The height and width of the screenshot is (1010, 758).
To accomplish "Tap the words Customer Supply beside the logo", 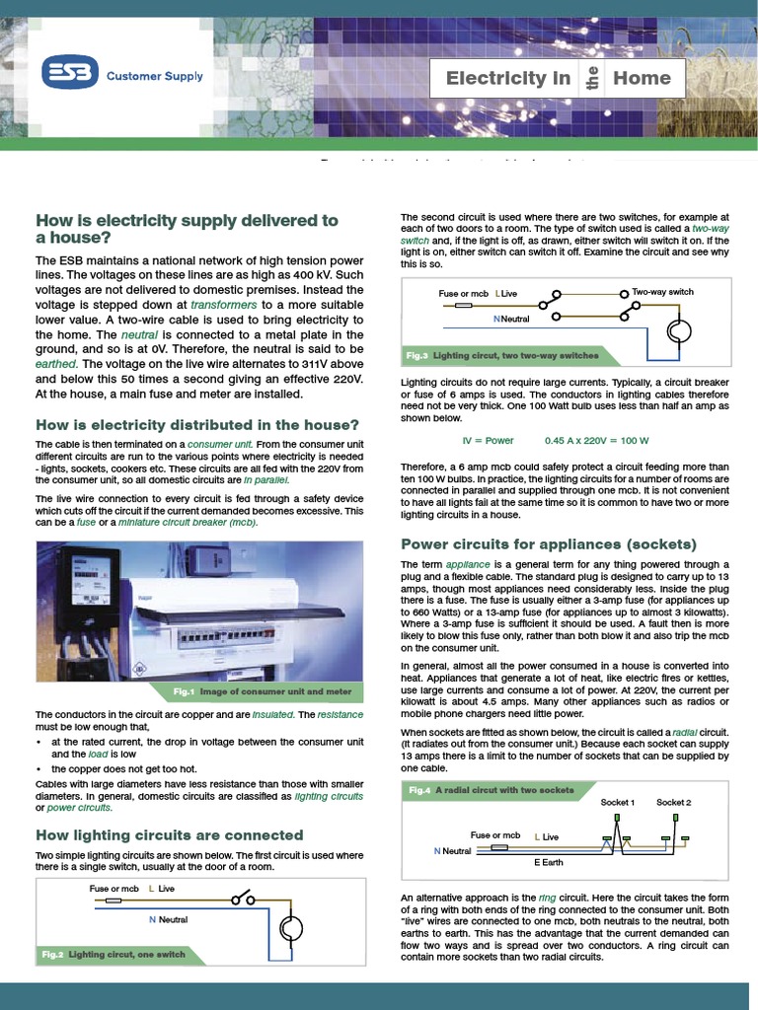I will click(x=154, y=76).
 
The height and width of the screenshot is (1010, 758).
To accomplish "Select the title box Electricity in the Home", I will click(x=558, y=78).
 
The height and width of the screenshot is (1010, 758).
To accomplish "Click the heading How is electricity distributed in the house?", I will click(x=196, y=425).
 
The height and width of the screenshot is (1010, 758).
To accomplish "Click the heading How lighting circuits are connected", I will click(x=169, y=834).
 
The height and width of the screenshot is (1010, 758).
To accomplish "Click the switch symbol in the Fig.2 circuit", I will click(x=243, y=899).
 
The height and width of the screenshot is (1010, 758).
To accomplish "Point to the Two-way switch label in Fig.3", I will click(x=662, y=292).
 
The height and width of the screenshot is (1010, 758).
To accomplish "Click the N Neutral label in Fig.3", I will click(x=510, y=319).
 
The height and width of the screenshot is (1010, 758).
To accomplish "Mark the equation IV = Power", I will click(x=488, y=440).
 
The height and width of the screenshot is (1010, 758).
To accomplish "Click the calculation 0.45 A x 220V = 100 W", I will click(x=595, y=440).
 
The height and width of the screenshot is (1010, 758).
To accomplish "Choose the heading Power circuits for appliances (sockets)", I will click(x=548, y=544).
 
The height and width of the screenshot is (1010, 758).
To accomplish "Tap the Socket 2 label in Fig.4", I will click(x=674, y=802).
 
